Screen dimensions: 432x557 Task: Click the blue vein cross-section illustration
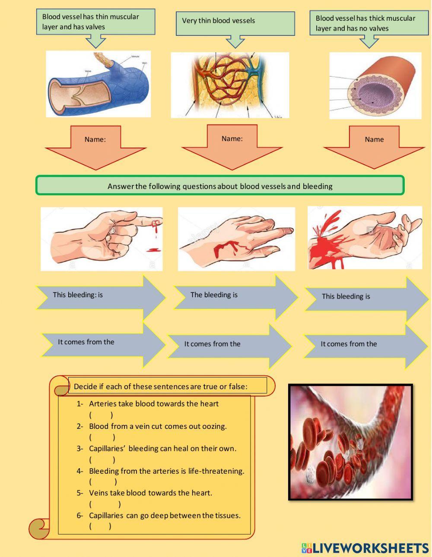(98, 84)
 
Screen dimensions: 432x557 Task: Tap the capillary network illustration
(229, 85)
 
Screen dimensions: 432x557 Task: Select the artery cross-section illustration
(375, 85)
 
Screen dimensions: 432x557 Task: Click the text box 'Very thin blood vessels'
(235, 23)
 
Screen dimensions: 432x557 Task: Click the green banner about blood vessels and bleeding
(220, 186)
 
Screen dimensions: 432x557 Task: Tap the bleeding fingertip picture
(102, 239)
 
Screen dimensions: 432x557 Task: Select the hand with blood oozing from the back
(236, 239)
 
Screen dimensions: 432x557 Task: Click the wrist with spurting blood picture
(365, 237)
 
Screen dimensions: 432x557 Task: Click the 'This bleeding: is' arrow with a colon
(100, 297)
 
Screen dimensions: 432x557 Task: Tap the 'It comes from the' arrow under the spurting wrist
(365, 345)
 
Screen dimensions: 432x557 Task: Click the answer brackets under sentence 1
(101, 415)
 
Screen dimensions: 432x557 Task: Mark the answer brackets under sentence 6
(100, 526)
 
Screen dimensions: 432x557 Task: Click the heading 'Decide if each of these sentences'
(160, 387)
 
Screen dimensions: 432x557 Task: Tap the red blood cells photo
(350, 442)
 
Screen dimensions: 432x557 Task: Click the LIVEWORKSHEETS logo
(365, 548)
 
